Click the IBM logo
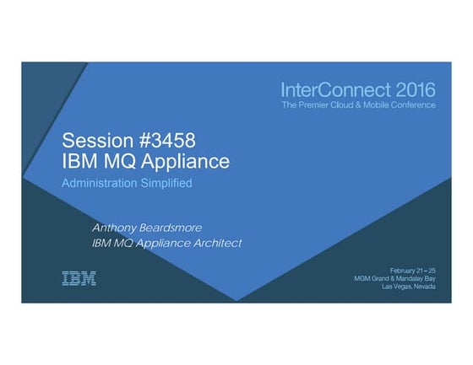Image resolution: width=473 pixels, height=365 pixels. (79, 277)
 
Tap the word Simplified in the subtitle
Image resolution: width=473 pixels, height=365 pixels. (168, 182)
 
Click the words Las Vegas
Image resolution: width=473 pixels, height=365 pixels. (397, 287)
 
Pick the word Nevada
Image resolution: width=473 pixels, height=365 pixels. (424, 287)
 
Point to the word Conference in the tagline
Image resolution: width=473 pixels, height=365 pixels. (414, 105)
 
